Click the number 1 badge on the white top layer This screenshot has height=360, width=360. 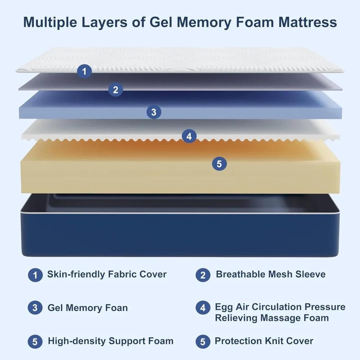(84, 71)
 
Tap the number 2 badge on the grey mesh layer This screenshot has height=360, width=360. (115, 90)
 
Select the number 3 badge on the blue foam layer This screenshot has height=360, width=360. (154, 112)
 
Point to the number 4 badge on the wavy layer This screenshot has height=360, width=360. (189, 136)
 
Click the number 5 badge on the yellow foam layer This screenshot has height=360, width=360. (219, 164)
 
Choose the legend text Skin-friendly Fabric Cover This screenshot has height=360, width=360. (107, 274)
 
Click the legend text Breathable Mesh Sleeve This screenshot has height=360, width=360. (270, 274)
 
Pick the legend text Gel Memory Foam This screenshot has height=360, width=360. (87, 308)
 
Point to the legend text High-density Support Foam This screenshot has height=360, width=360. (111, 341)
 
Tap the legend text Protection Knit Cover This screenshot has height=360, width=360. (264, 341)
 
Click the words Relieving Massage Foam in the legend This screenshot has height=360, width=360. (272, 318)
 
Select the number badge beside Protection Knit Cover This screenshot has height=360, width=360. (203, 342)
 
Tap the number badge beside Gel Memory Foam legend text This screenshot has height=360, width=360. (35, 308)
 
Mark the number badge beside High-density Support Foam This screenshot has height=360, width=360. (35, 342)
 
